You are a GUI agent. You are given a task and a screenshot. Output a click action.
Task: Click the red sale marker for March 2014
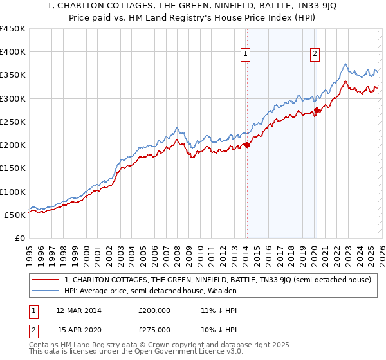coord(247,145)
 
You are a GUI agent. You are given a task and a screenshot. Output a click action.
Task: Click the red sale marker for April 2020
coord(317,110)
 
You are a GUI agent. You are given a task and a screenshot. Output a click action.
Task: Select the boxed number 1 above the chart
coord(246,54)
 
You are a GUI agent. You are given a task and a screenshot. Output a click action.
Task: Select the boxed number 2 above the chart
coord(315,54)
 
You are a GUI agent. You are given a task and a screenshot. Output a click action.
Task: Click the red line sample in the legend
coord(46,280)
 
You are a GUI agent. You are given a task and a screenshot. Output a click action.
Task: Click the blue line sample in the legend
coord(46,291)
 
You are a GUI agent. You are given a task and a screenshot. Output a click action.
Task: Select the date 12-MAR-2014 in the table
coord(78,310)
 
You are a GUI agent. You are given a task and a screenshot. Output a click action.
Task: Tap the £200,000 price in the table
coord(154,310)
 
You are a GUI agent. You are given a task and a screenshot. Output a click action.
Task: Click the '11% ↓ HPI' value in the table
coord(219,310)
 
